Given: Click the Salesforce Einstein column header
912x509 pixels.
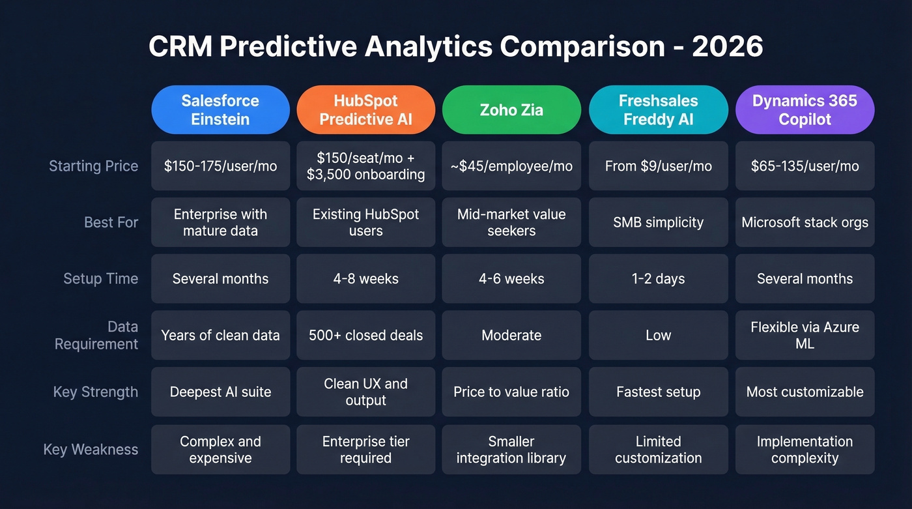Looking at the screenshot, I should [x=220, y=110].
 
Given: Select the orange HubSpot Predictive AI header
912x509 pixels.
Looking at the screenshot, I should [x=365, y=110].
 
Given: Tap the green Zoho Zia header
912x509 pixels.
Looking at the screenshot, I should [x=511, y=110].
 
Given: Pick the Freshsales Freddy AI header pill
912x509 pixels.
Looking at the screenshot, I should [x=658, y=110].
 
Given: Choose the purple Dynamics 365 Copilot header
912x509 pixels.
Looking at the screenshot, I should [x=805, y=110].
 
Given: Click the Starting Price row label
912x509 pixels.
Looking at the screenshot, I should [x=93, y=166].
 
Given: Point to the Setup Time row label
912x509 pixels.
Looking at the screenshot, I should [x=100, y=279].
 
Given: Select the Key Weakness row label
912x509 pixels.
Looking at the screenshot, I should [x=91, y=450].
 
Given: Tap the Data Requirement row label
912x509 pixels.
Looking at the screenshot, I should [x=96, y=335].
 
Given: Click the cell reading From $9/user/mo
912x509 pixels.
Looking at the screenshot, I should [x=658, y=166].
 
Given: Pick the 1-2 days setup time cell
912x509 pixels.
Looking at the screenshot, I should [x=658, y=279].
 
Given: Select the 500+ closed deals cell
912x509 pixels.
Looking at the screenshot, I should [x=365, y=336].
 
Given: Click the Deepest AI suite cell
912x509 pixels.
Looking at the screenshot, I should [x=220, y=392].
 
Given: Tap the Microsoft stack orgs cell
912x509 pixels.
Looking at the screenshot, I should [x=805, y=222].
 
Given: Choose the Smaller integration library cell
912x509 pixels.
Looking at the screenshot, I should [x=511, y=450].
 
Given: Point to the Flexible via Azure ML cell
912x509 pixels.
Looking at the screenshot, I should [x=805, y=335].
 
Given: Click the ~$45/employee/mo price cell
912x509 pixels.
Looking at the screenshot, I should [x=511, y=166].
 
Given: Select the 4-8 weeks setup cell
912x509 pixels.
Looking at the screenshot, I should [x=365, y=279].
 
